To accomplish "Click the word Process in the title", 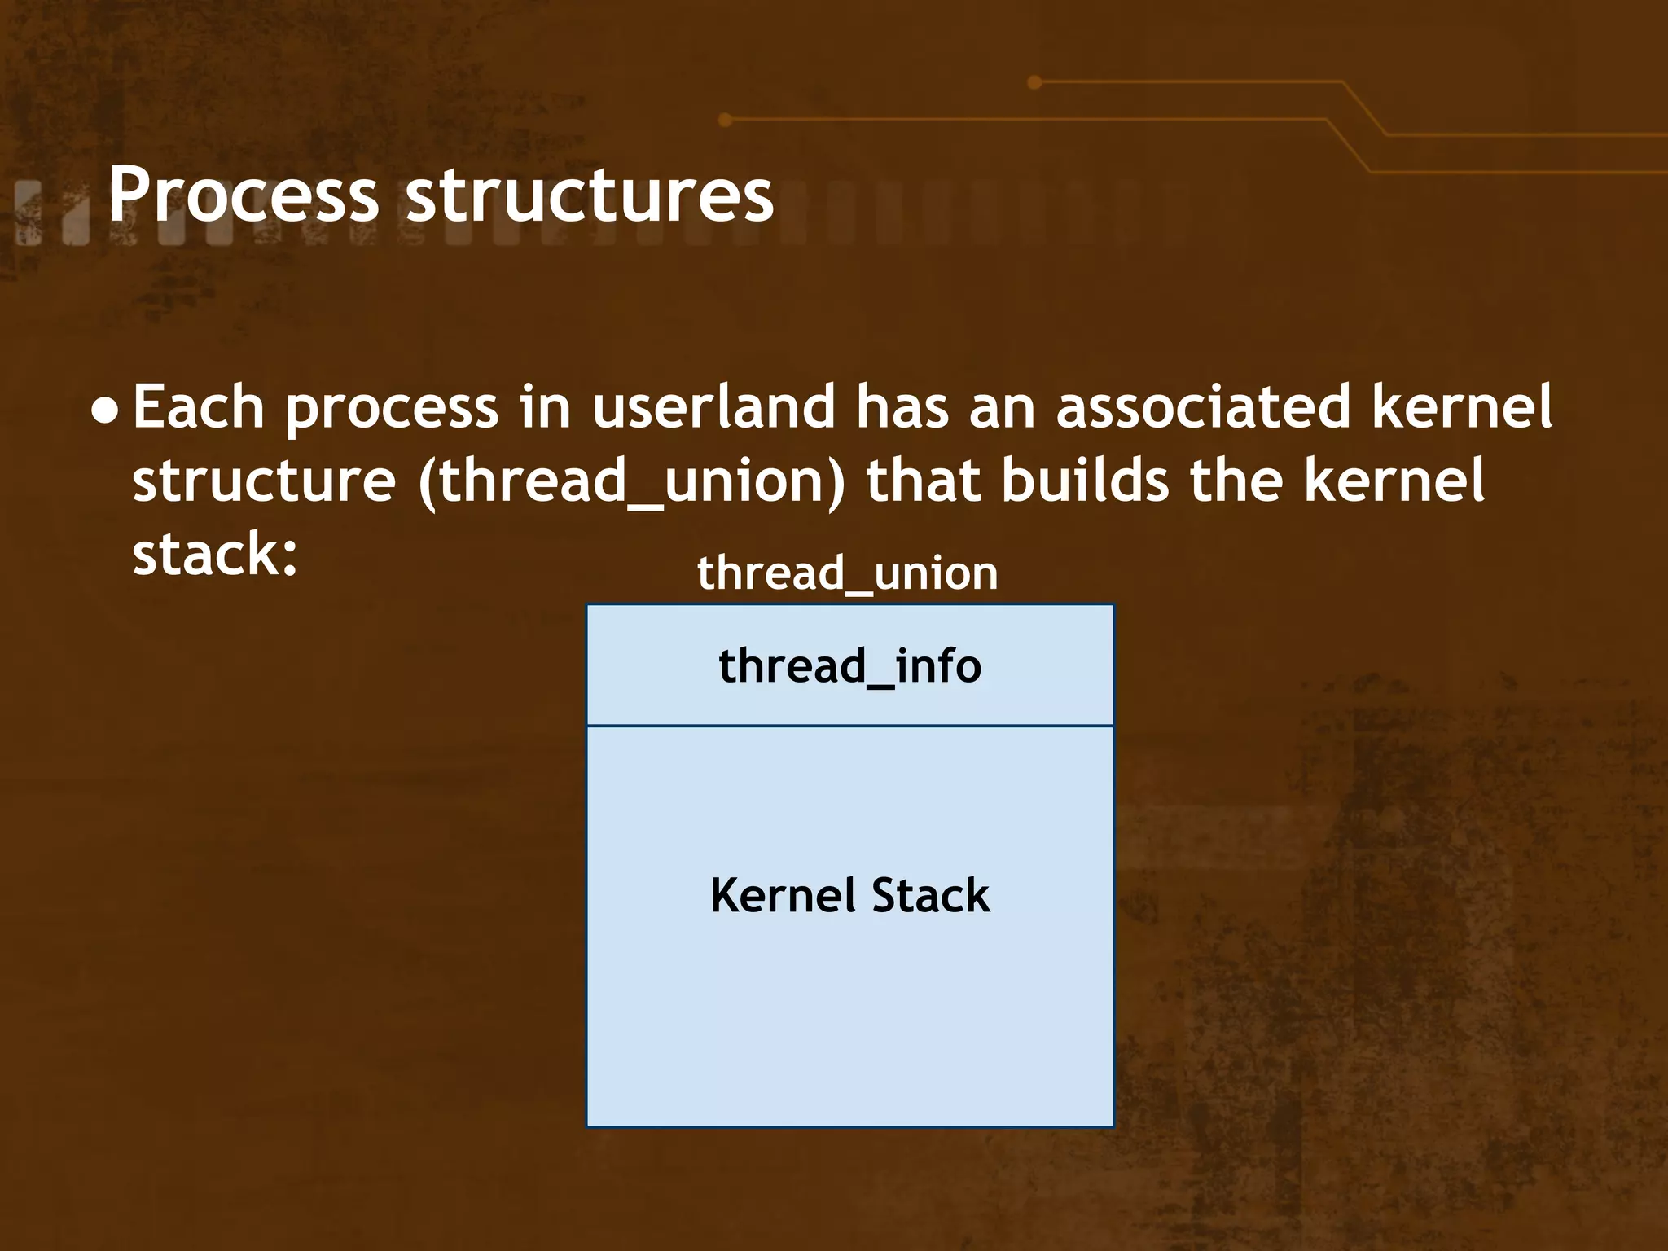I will (243, 195).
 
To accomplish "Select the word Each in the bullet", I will (198, 406).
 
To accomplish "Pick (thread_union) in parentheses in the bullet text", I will (632, 481).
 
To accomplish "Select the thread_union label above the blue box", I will (848, 573).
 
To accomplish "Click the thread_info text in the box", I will (849, 666).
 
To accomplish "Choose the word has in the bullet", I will (902, 406).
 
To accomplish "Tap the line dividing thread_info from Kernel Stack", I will (849, 726).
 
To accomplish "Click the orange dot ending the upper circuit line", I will (1034, 82).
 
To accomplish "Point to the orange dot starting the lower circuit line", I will (725, 121).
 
